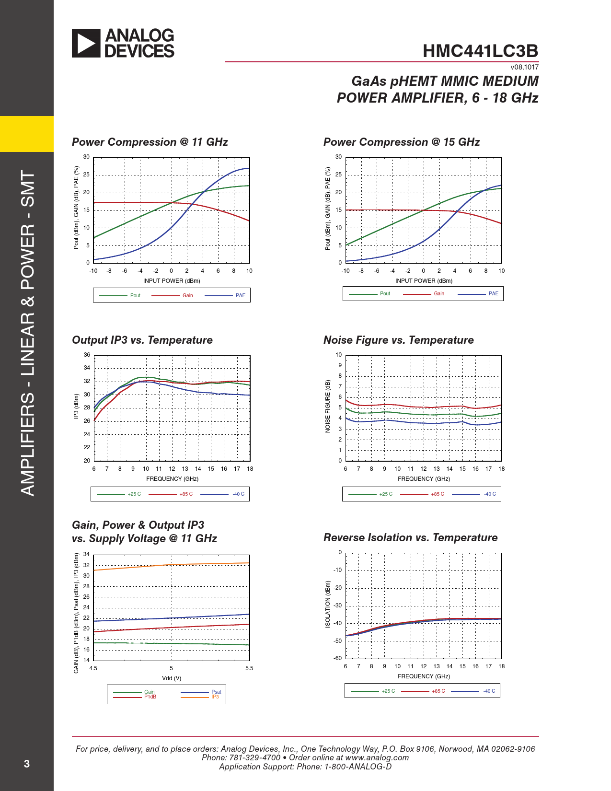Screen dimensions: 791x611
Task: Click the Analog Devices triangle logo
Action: pyautogui.click(x=86, y=43)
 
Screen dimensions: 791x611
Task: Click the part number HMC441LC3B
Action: pyautogui.click(x=480, y=51)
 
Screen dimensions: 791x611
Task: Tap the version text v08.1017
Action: pyautogui.click(x=524, y=67)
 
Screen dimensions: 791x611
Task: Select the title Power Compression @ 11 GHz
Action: pyautogui.click(x=150, y=142)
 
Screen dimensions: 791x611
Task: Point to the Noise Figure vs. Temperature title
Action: pyautogui.click(x=398, y=340)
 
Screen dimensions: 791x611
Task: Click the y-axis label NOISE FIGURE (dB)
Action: pyautogui.click(x=328, y=406)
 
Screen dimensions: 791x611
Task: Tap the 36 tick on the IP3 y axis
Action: pyautogui.click(x=87, y=355)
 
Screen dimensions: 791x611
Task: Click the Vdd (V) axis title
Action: pyautogui.click(x=172, y=678)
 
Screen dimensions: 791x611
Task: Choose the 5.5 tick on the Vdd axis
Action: pyautogui.click(x=249, y=668)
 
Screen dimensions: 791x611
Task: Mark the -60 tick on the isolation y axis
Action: pyautogui.click(x=338, y=658)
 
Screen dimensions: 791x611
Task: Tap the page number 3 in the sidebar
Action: pyautogui.click(x=27, y=764)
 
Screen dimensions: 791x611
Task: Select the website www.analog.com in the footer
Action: pyautogui.click(x=377, y=757)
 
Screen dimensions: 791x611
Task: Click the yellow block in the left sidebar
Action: pyautogui.click(x=27, y=134)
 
